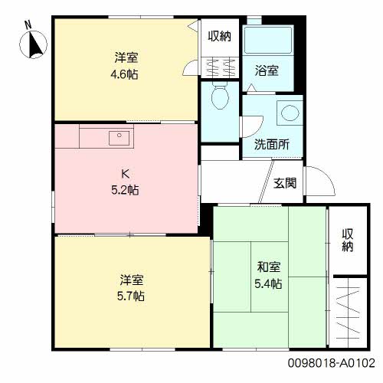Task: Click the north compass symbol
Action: [x=33, y=44]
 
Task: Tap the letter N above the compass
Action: [x=28, y=25]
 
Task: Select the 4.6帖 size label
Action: [x=124, y=74]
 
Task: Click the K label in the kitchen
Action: [x=125, y=174]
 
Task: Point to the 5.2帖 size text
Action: [x=125, y=190]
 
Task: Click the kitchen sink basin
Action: [x=119, y=138]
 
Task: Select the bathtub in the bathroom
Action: [x=268, y=41]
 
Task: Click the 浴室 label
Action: [x=267, y=70]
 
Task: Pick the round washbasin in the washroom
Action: [x=290, y=113]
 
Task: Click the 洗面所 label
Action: [x=272, y=145]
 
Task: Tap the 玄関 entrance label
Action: [x=285, y=183]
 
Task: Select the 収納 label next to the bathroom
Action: [x=220, y=36]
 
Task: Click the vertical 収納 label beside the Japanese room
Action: [x=348, y=240]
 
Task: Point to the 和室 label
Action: [x=269, y=267]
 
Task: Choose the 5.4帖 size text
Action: [x=268, y=283]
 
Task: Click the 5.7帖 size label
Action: [x=131, y=296]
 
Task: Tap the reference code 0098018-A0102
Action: [x=332, y=363]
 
